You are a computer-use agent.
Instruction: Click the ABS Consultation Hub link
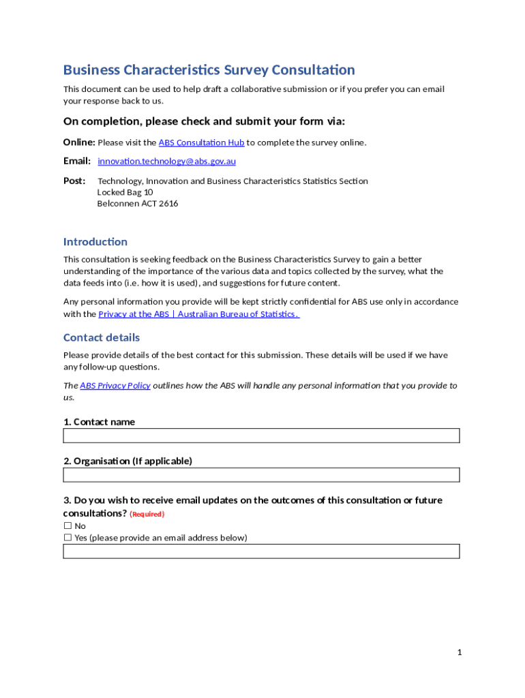click(201, 142)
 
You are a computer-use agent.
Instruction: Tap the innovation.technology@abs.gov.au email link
click(166, 162)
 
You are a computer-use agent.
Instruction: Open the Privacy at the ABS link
click(198, 314)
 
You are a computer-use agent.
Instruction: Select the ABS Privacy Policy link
click(115, 386)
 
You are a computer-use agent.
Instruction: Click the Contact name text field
click(261, 436)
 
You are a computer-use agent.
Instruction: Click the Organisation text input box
click(261, 475)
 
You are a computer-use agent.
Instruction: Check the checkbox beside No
click(67, 526)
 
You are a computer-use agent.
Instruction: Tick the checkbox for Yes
click(67, 538)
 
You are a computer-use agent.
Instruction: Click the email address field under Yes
click(261, 551)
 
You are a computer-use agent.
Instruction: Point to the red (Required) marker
click(147, 514)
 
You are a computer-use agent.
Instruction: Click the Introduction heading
click(95, 242)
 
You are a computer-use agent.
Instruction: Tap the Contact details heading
click(102, 337)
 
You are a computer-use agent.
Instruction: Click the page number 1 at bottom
click(460, 652)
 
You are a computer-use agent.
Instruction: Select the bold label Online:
click(79, 142)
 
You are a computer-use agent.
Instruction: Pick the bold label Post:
click(74, 181)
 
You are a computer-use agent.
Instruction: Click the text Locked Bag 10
click(125, 192)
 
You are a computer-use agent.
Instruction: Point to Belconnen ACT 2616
click(138, 204)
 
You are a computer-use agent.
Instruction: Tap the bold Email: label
click(77, 162)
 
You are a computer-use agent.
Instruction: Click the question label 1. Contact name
click(99, 422)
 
